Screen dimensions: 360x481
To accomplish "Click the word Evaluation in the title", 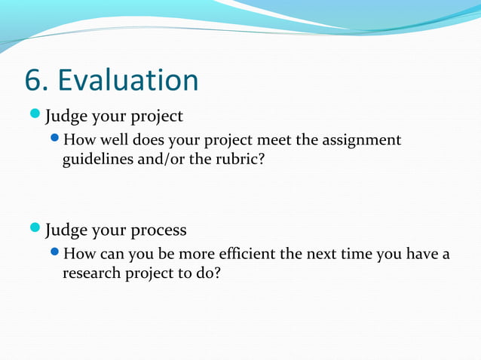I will [128, 81].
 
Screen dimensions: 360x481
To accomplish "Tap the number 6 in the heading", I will [32, 81].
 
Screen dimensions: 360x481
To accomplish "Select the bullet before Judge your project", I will [37, 115].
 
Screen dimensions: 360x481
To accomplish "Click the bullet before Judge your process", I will [37, 227].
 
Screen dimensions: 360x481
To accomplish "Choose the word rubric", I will [240, 160].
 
